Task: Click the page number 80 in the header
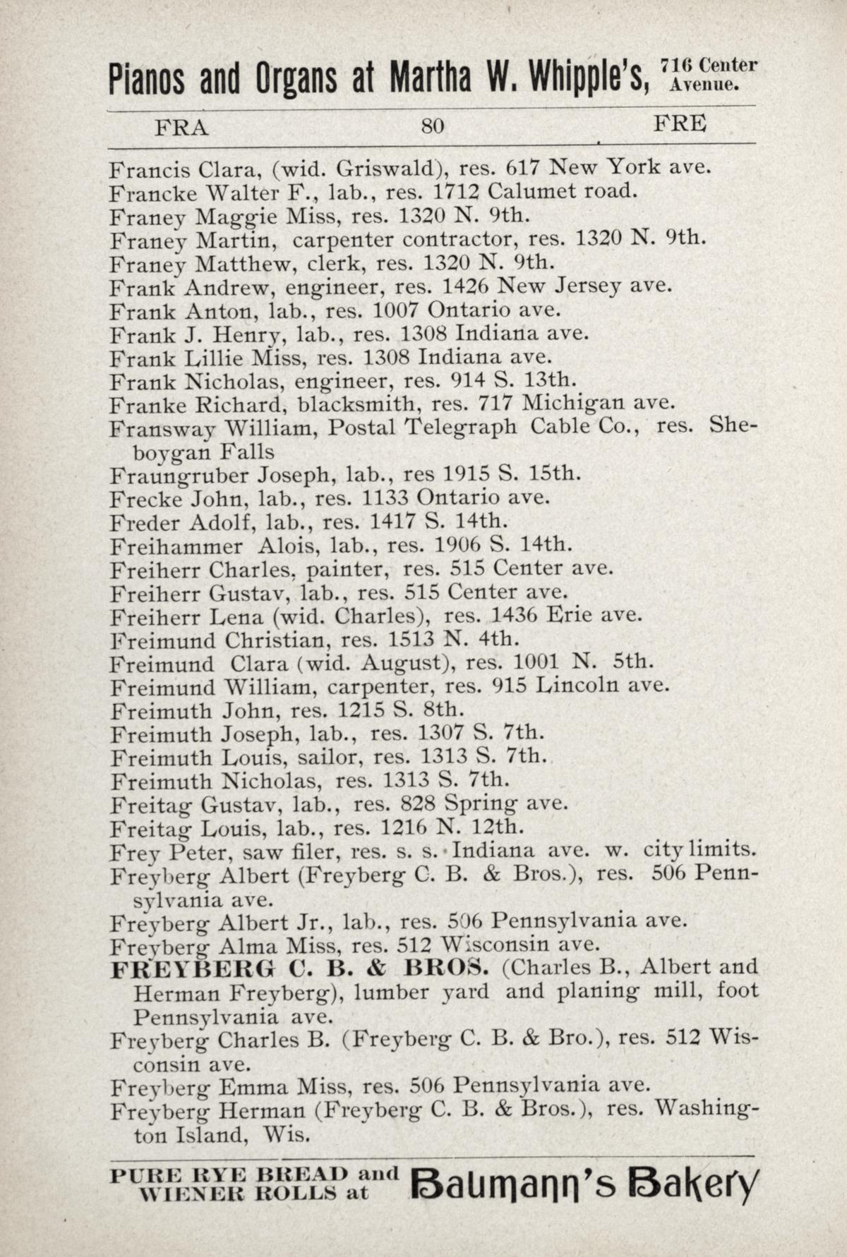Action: (432, 126)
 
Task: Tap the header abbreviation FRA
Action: (182, 127)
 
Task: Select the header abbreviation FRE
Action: (680, 124)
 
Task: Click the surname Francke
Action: (148, 192)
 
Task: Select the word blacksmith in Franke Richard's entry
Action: (357, 404)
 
